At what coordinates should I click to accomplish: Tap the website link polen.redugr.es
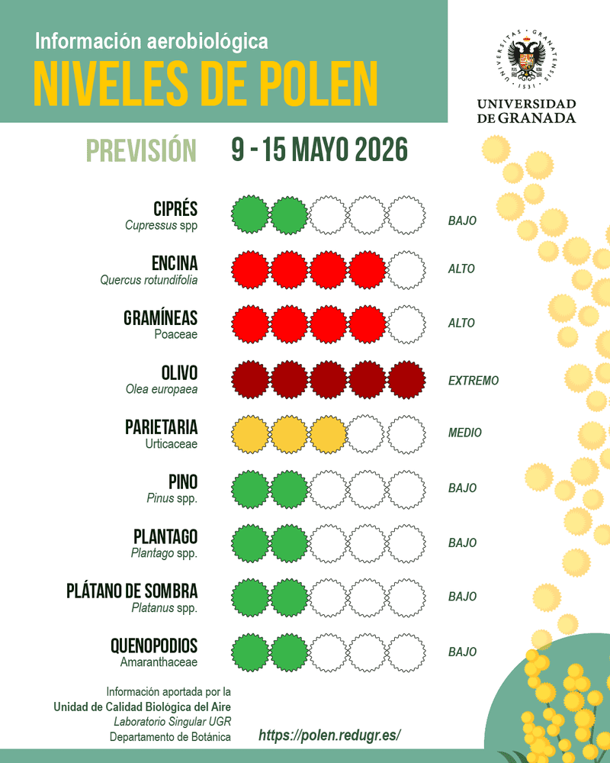(329, 735)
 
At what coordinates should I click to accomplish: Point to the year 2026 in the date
(381, 149)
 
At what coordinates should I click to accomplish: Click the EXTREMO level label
(474, 381)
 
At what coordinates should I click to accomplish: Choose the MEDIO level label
(464, 433)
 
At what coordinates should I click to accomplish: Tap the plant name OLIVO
(179, 373)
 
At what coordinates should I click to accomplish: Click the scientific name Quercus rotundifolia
(149, 280)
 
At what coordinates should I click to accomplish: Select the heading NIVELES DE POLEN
(205, 83)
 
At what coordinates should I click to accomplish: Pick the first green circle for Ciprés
(250, 214)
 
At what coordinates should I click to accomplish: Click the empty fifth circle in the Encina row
(406, 270)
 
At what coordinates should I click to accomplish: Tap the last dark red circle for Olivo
(406, 379)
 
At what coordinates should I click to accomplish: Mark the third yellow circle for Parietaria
(328, 434)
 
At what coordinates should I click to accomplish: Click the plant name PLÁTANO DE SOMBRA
(132, 591)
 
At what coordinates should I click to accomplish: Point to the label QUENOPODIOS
(154, 645)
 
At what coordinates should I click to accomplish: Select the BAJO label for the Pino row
(462, 488)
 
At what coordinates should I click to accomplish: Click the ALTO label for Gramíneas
(461, 323)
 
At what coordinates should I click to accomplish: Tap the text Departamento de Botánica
(170, 737)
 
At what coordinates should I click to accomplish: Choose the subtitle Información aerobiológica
(151, 41)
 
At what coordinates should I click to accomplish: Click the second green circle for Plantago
(289, 543)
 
